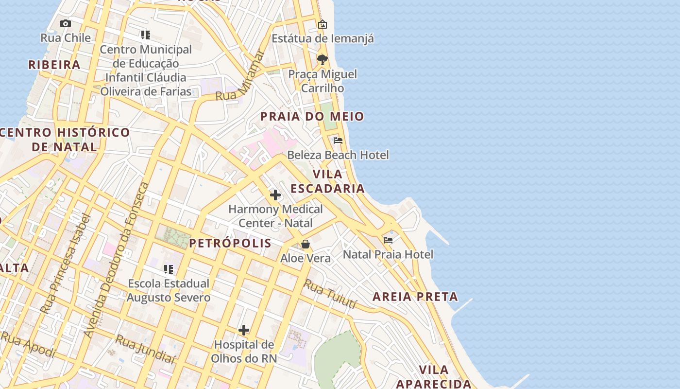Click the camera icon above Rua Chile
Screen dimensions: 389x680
pos(65,23)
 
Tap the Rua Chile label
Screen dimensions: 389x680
pos(65,38)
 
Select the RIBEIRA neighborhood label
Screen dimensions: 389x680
pos(54,65)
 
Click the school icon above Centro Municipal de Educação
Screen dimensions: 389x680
pos(145,35)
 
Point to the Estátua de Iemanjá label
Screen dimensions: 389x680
pos(323,38)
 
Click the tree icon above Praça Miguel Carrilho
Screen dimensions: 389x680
pos(322,60)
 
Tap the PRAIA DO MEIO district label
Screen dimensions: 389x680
pos(312,116)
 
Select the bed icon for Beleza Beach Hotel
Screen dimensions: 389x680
pos(338,141)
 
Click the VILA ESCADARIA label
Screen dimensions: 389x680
pos(327,181)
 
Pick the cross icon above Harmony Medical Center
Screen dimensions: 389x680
pos(275,195)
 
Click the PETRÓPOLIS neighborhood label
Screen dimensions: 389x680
pos(230,243)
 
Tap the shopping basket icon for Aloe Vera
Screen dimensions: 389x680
pos(306,244)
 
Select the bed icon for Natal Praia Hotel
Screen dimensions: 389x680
pos(388,240)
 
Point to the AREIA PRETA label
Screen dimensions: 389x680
pos(415,297)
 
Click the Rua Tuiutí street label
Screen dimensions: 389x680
pos(330,294)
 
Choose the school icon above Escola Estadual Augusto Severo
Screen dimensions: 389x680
pos(169,269)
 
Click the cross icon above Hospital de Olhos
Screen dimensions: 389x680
pos(244,331)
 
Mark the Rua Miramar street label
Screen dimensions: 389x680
pos(240,76)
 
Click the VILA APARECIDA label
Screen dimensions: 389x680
pos(433,376)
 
